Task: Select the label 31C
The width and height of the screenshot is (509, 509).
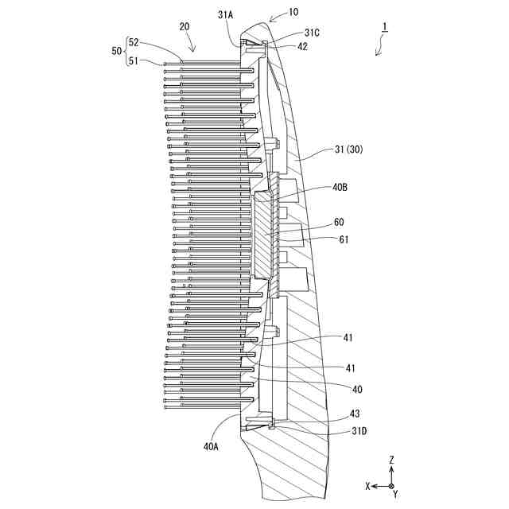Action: (x=313, y=33)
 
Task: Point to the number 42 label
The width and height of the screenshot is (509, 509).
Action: (x=303, y=46)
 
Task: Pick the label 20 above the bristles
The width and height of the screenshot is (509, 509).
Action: (x=185, y=26)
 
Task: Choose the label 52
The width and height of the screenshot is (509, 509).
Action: (x=134, y=43)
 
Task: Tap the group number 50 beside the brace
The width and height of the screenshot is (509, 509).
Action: (x=116, y=50)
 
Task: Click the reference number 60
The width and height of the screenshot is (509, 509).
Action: (x=340, y=223)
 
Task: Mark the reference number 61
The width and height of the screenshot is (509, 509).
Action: (x=343, y=239)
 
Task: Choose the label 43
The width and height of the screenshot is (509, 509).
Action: (x=354, y=414)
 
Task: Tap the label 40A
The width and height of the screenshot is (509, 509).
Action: (x=211, y=447)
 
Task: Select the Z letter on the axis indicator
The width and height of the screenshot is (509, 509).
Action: (x=391, y=460)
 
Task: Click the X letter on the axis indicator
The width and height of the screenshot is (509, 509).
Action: (x=367, y=485)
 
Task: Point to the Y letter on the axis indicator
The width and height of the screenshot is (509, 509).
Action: (x=395, y=494)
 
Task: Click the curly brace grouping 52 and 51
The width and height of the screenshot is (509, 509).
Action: (x=126, y=50)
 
